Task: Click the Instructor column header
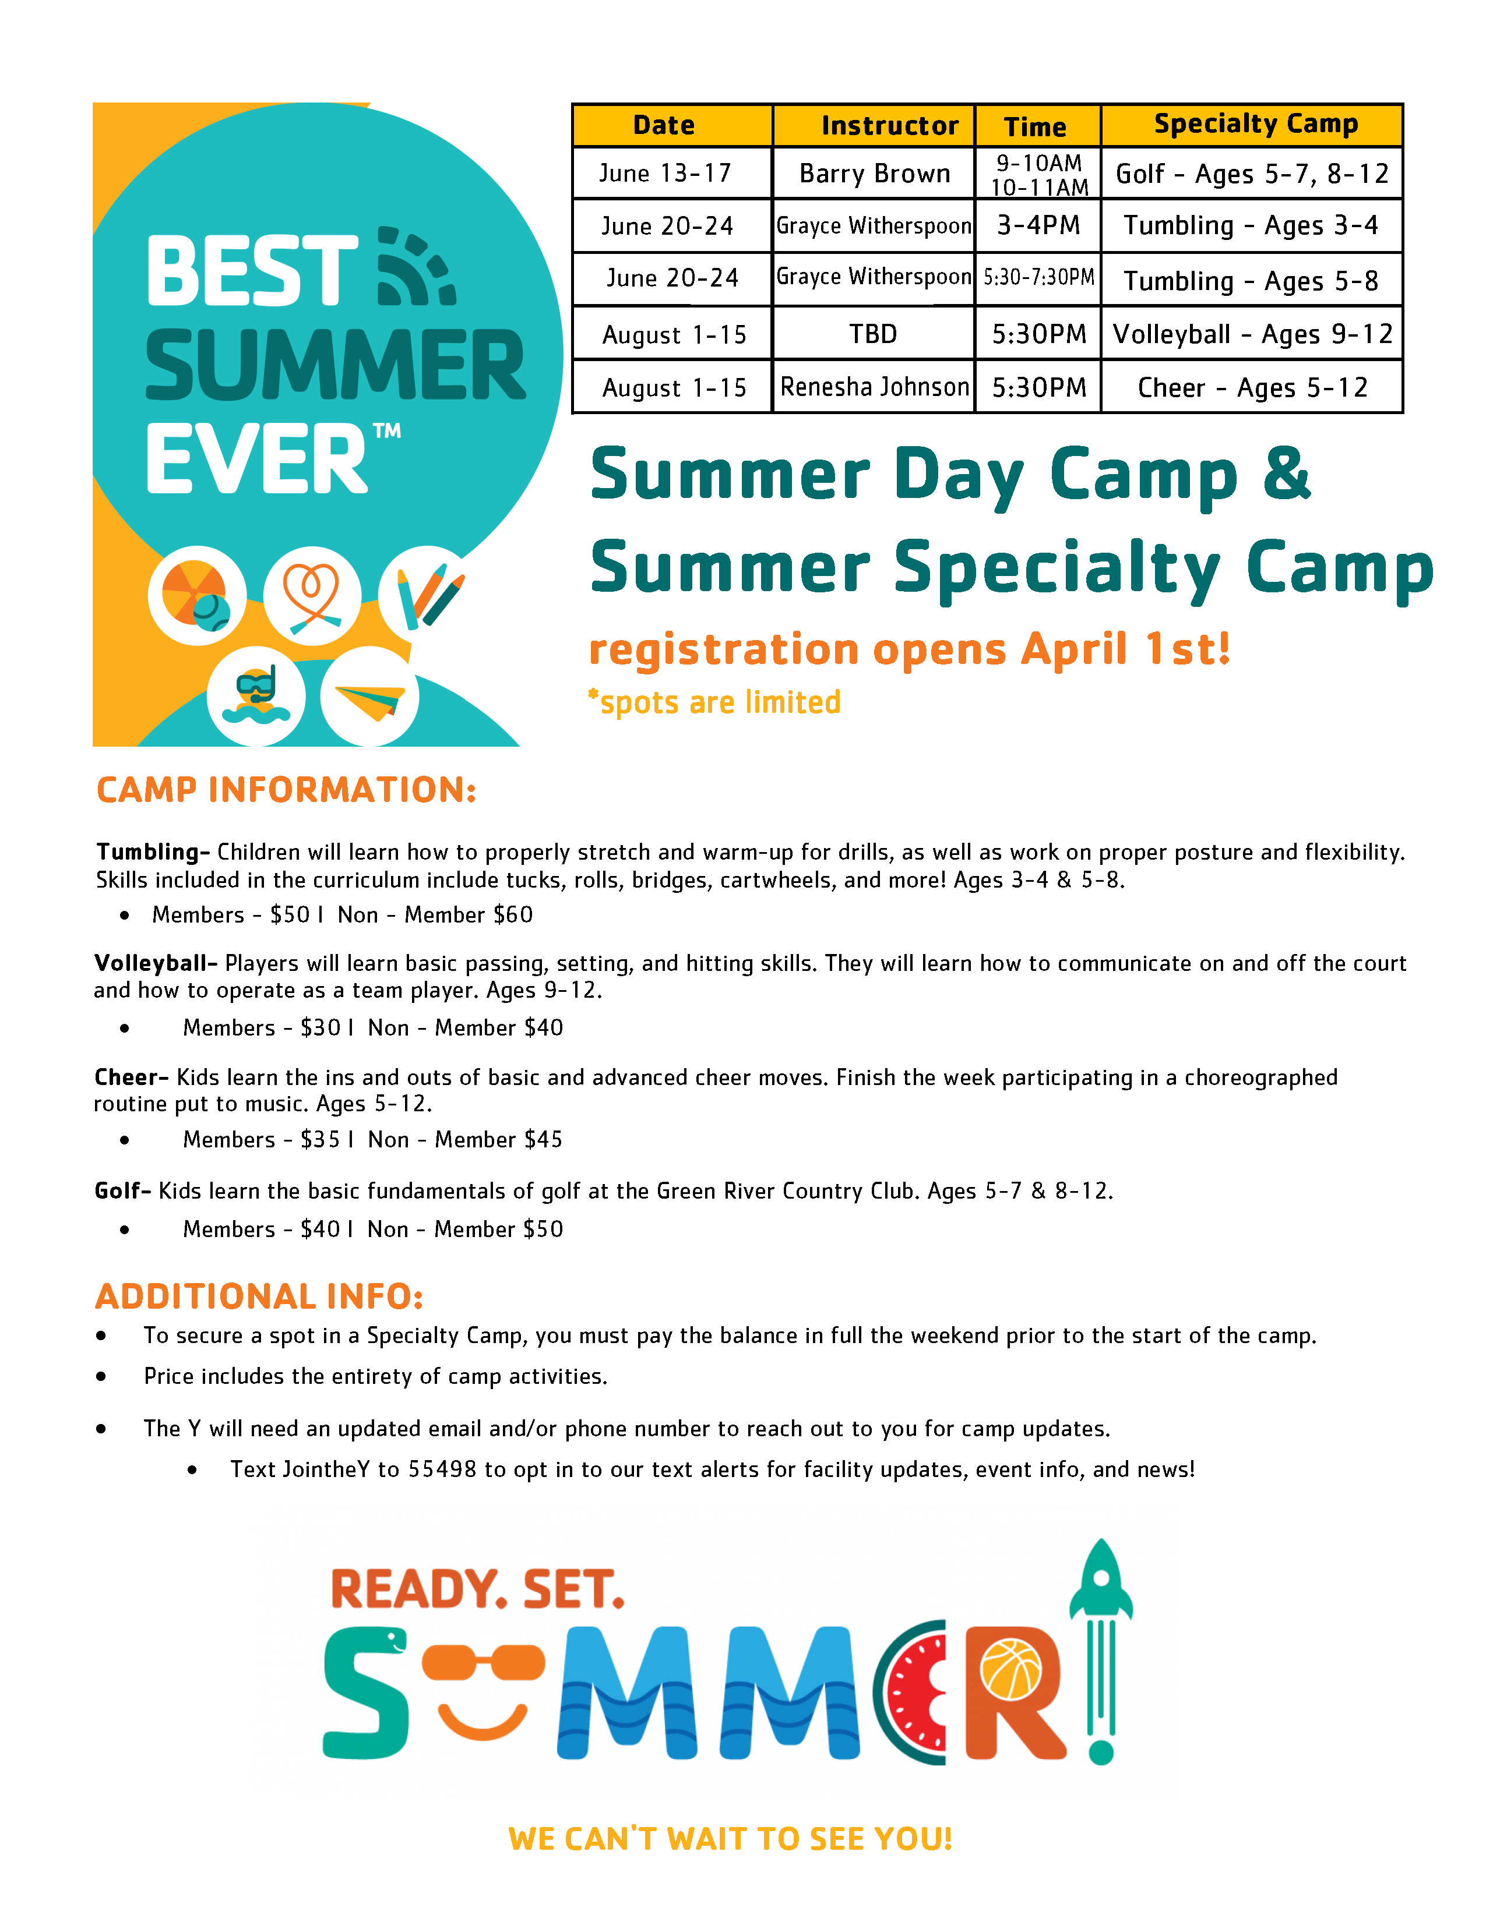(889, 126)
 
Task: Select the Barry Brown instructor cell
(874, 174)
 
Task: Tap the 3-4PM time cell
(1038, 225)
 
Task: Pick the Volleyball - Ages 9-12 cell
(1252, 334)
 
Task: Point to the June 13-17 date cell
(665, 174)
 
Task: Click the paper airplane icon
(369, 697)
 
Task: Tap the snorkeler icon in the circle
(256, 695)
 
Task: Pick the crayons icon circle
(427, 594)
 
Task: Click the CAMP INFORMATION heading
(286, 789)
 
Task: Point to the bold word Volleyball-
(156, 963)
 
